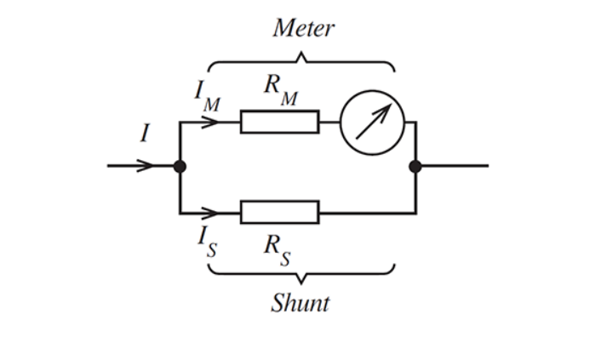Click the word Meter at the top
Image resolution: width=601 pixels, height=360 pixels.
click(303, 28)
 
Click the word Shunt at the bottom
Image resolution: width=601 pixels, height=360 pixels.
click(300, 303)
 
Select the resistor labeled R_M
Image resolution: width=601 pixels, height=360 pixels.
click(279, 122)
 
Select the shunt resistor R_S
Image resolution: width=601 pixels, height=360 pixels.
click(279, 212)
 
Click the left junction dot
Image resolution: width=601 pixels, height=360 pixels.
click(180, 166)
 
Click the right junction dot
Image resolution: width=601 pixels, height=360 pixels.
click(415, 166)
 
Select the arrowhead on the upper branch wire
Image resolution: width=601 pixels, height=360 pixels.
click(209, 122)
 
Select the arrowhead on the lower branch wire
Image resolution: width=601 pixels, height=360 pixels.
click(209, 212)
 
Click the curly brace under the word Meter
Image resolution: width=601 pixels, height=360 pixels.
click(301, 62)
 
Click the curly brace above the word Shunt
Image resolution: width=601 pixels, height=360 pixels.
click(301, 272)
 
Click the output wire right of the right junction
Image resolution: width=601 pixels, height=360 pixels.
click(455, 166)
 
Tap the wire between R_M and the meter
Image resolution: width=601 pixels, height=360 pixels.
click(329, 122)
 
